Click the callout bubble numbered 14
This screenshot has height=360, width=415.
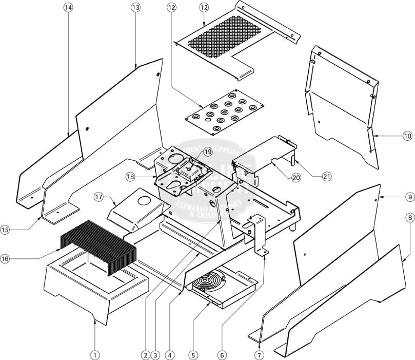(x=69, y=8)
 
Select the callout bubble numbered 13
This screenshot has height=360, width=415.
(x=135, y=8)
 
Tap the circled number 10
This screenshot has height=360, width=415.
(x=407, y=136)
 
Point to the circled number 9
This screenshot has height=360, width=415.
(x=409, y=197)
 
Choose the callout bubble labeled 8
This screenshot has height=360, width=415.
(x=409, y=218)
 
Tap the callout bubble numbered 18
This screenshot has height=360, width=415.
(x=130, y=176)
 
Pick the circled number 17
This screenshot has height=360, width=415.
(x=98, y=197)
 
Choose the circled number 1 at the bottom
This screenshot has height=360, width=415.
(x=94, y=354)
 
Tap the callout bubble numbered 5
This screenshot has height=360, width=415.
(x=193, y=354)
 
